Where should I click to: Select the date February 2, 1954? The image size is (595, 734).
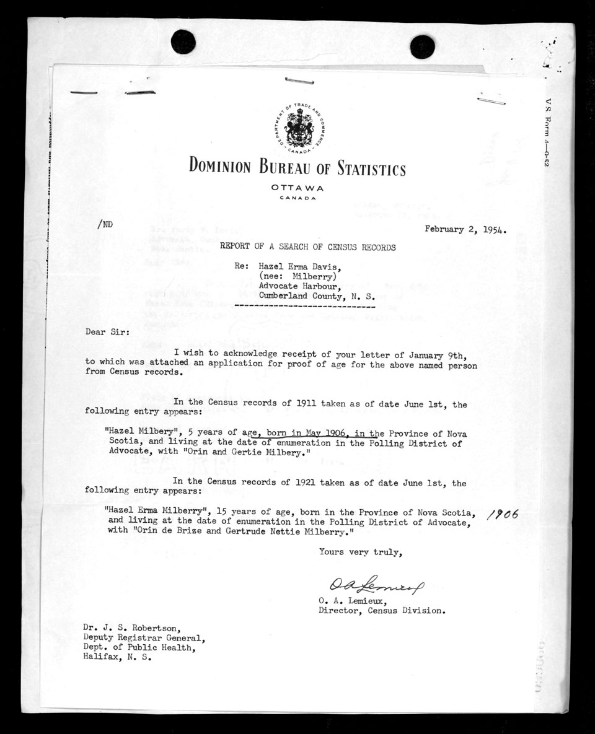[x=465, y=229]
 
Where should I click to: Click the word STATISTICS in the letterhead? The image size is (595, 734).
[x=371, y=168]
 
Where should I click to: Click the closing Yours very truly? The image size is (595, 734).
[x=360, y=552]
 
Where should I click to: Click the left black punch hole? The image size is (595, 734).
[x=183, y=42]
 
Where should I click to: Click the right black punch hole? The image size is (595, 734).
[x=422, y=46]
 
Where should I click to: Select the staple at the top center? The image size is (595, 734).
[x=299, y=81]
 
